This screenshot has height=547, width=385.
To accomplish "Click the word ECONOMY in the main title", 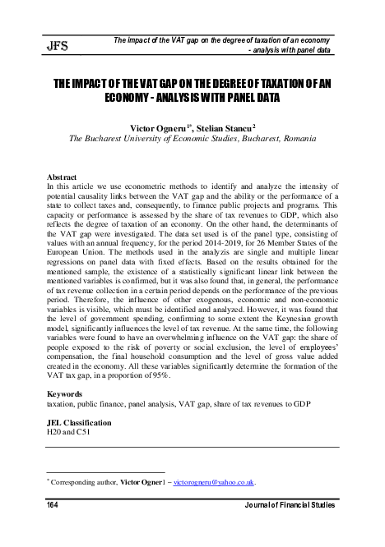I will click(137, 98).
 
